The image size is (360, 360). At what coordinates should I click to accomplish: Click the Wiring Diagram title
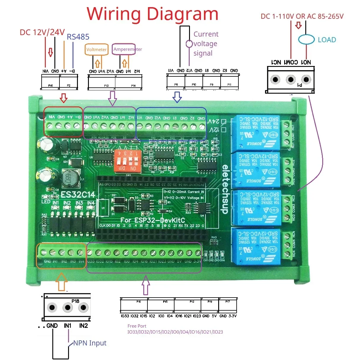[153, 14]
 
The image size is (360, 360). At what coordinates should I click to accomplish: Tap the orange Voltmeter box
[96, 49]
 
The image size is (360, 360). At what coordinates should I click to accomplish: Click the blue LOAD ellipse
[306, 40]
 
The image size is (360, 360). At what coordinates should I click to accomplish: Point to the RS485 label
[78, 37]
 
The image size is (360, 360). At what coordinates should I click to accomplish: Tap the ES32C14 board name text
[78, 195]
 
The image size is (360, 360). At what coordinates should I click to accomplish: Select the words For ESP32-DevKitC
[153, 220]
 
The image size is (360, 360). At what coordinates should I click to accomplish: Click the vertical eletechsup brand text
[225, 189]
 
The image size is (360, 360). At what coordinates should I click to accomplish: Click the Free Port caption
[137, 326]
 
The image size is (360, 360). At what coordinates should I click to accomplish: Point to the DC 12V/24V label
[42, 32]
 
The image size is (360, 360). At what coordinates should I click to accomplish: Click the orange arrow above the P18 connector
[62, 282]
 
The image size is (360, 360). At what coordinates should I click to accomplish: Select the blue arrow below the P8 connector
[177, 97]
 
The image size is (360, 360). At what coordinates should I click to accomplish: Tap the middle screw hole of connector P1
[290, 80]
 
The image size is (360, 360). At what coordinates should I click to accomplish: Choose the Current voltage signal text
[205, 44]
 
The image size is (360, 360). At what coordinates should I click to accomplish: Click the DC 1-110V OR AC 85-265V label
[302, 16]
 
